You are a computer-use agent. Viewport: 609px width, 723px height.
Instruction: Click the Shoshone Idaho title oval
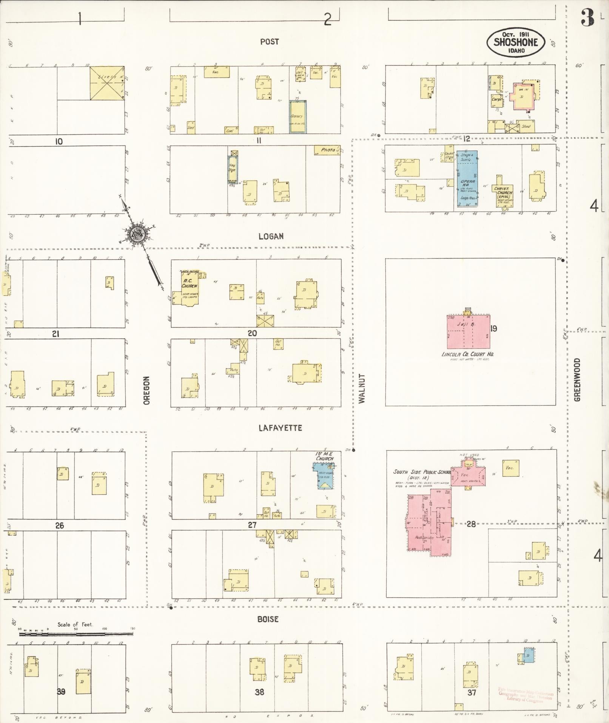pyautogui.click(x=515, y=42)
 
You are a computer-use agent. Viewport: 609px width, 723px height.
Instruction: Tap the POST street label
pyautogui.click(x=270, y=42)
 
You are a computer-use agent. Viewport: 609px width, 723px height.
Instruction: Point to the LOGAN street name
pyautogui.click(x=271, y=236)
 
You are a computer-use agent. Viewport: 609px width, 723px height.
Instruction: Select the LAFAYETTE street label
pyautogui.click(x=280, y=428)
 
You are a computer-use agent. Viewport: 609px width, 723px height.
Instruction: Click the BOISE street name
pyautogui.click(x=268, y=619)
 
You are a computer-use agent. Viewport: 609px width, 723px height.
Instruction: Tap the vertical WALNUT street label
pyautogui.click(x=362, y=389)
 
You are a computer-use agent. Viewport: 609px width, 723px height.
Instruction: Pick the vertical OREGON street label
pyautogui.click(x=146, y=390)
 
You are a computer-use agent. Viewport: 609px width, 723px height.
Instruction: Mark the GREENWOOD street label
pyautogui.click(x=577, y=379)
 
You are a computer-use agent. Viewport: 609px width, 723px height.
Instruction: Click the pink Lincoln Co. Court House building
pyautogui.click(x=468, y=331)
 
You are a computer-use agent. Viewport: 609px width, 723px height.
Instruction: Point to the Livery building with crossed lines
pyautogui.click(x=107, y=83)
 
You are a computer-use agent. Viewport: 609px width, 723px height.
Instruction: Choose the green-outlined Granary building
pyautogui.click(x=298, y=116)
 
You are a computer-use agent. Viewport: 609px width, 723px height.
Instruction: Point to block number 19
pyautogui.click(x=493, y=328)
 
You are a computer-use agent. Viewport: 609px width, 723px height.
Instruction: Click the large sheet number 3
pyautogui.click(x=587, y=18)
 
